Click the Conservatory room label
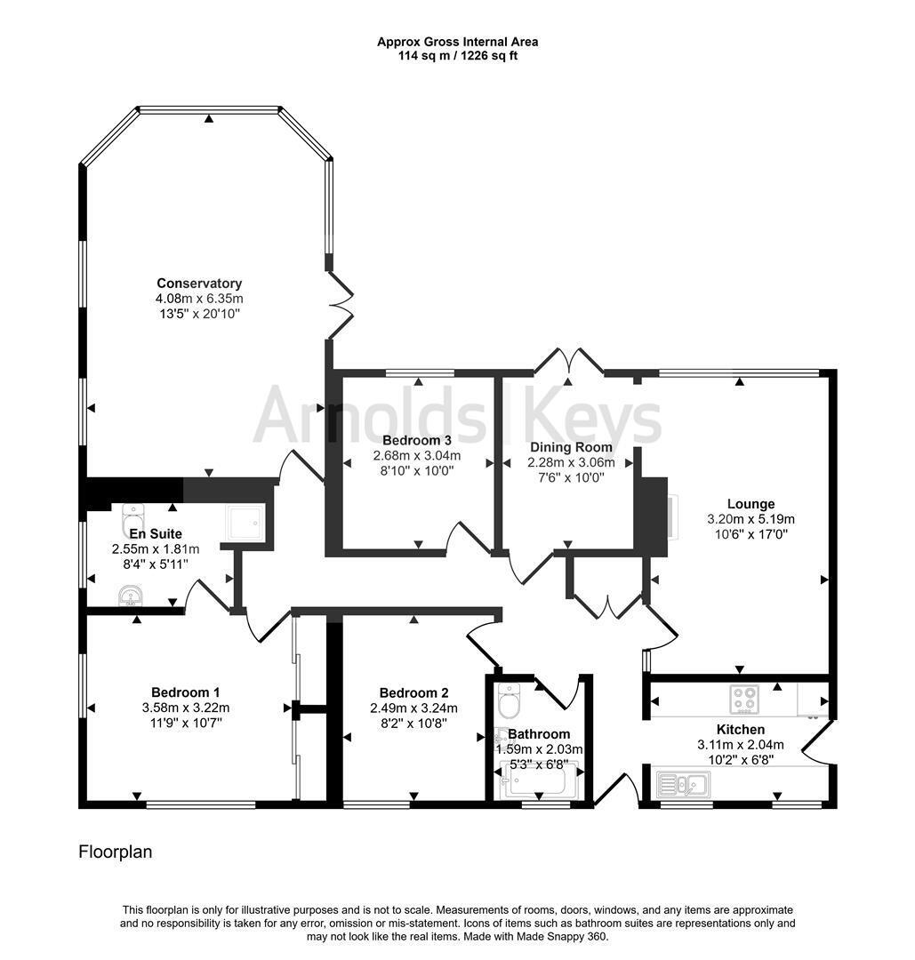(x=199, y=284)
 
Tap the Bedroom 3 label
(x=416, y=440)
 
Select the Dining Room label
(x=571, y=447)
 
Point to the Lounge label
(x=750, y=504)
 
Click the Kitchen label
(x=741, y=730)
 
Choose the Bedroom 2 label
(x=414, y=693)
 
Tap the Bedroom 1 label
(x=186, y=692)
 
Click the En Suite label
(x=156, y=534)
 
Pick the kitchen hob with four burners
(x=745, y=700)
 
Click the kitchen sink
(x=684, y=784)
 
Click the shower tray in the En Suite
(x=245, y=523)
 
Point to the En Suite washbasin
(x=131, y=595)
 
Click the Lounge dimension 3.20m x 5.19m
(x=750, y=519)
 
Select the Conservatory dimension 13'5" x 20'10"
(x=199, y=314)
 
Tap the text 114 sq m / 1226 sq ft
(x=457, y=56)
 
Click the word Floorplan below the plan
(x=115, y=852)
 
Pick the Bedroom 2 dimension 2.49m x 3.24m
(x=414, y=708)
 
